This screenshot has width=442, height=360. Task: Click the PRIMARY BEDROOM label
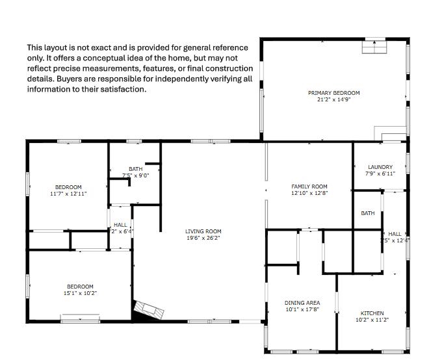click(x=333, y=93)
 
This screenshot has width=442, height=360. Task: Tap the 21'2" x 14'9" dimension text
click(x=333, y=99)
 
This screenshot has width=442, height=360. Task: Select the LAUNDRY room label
click(x=380, y=167)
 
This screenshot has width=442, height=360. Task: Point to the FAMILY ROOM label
click(x=309, y=186)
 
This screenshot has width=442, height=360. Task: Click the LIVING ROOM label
click(x=203, y=231)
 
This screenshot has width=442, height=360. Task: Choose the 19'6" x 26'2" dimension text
click(x=203, y=238)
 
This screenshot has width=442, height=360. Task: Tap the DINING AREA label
click(x=302, y=303)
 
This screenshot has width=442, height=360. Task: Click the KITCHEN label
click(x=372, y=313)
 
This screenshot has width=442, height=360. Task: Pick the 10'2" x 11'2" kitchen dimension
click(x=372, y=320)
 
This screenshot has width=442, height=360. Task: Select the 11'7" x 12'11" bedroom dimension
click(x=68, y=194)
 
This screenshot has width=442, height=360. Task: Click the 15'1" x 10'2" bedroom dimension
click(x=80, y=293)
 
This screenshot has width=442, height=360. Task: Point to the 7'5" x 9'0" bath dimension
click(x=136, y=175)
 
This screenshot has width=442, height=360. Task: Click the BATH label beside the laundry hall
click(x=368, y=213)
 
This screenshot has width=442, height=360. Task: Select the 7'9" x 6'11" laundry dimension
click(x=380, y=174)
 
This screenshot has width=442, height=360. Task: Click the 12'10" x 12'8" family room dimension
click(x=309, y=193)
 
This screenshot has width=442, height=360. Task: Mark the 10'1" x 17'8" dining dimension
click(x=302, y=309)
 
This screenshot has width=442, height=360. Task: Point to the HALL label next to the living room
click(x=120, y=225)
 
